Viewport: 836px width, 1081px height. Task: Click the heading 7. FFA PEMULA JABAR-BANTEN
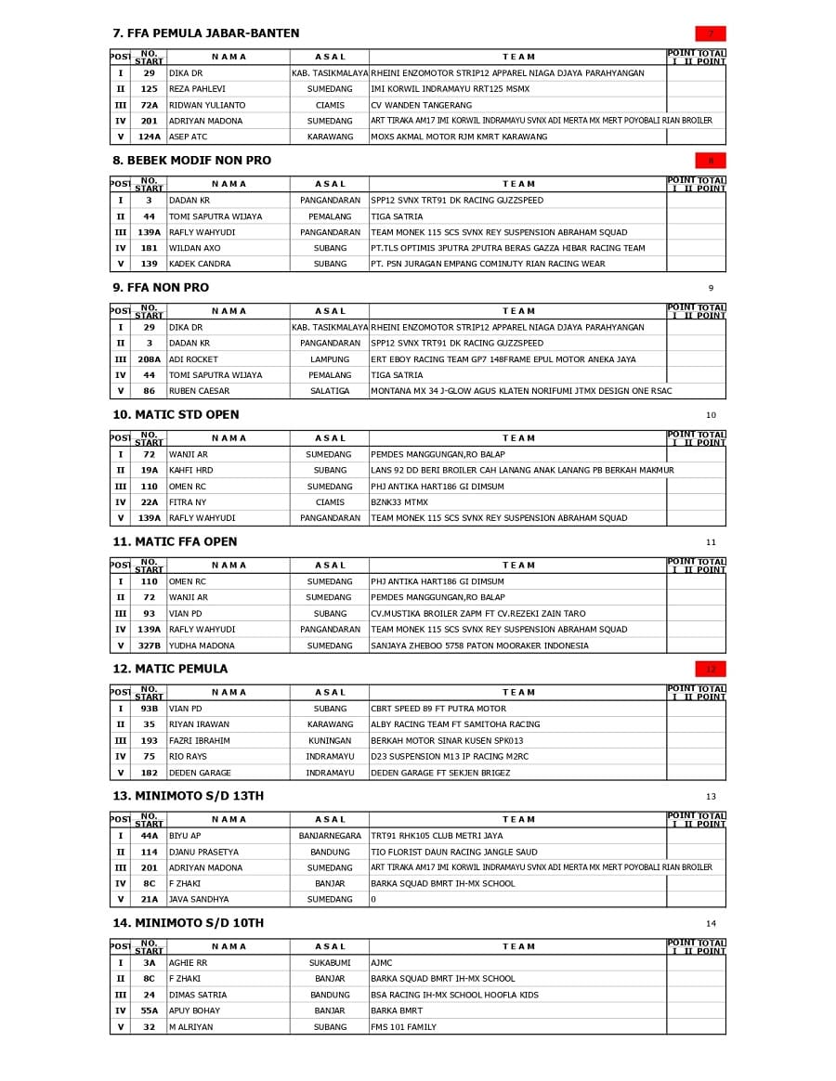205,33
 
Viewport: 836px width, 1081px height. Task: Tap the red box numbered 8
711,161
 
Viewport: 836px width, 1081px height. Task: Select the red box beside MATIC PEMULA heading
711,669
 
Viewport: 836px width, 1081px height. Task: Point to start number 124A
149,137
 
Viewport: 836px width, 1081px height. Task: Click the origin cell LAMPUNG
330,359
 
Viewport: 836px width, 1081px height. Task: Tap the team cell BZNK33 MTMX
399,502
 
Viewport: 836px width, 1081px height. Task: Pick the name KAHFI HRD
190,471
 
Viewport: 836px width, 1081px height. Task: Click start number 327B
149,645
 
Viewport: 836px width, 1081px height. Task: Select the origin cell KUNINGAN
330,741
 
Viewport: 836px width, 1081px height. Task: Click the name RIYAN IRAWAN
199,724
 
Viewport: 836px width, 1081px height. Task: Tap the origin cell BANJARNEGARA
330,836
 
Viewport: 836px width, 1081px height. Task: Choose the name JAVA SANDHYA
199,899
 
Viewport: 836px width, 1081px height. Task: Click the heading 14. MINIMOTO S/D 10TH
189,923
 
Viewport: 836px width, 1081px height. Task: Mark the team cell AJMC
382,963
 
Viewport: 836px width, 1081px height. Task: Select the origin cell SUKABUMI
330,963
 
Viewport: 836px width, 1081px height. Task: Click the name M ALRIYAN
190,1027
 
